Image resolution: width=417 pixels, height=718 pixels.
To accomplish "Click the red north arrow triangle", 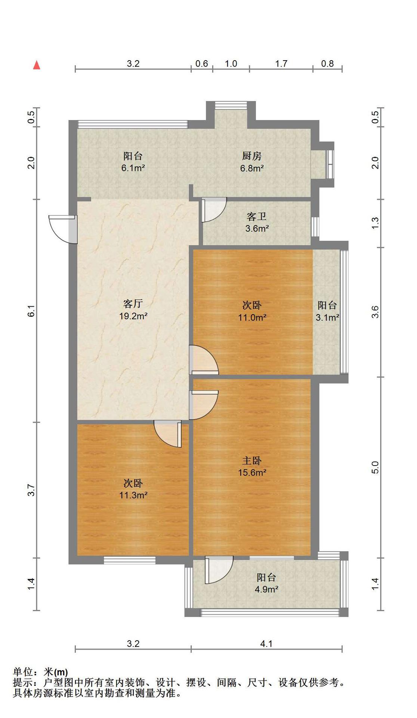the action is click(37, 65).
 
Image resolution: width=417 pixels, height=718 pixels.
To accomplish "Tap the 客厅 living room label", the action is click(133, 303).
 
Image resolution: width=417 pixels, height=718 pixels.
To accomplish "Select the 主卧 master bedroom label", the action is click(252, 461).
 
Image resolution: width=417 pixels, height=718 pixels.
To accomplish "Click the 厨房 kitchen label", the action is click(252, 156).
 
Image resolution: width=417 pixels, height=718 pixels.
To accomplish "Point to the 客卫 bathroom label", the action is click(257, 217).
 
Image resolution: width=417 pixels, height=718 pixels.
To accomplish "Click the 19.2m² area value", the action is click(133, 316).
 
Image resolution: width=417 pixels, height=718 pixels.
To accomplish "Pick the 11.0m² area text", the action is click(252, 317).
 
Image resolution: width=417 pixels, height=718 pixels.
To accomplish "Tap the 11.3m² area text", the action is click(133, 495).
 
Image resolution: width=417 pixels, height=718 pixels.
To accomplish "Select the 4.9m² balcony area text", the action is click(266, 589).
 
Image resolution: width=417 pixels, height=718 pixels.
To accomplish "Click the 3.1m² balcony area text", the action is click(327, 317).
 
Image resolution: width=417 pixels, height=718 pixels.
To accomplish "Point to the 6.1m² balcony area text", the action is click(133, 168).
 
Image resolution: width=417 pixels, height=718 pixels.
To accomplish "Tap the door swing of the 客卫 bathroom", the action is click(214, 210).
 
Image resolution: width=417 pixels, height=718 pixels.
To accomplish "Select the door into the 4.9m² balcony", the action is click(219, 570).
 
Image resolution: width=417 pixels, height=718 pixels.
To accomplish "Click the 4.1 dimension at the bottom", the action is click(266, 644).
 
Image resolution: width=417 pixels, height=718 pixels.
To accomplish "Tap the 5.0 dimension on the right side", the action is click(375, 467).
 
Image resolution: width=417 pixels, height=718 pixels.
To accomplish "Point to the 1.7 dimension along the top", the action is click(281, 64).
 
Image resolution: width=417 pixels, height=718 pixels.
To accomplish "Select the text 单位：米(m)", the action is click(40, 672).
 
